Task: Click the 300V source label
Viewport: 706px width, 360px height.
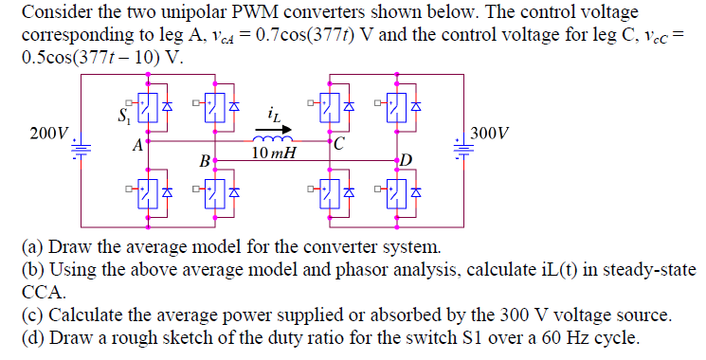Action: tap(491, 134)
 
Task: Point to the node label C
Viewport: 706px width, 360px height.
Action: tap(339, 145)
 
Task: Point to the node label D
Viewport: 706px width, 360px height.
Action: tap(407, 158)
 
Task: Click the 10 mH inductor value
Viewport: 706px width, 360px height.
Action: tap(273, 153)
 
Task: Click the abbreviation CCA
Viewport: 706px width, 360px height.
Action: tap(42, 292)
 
